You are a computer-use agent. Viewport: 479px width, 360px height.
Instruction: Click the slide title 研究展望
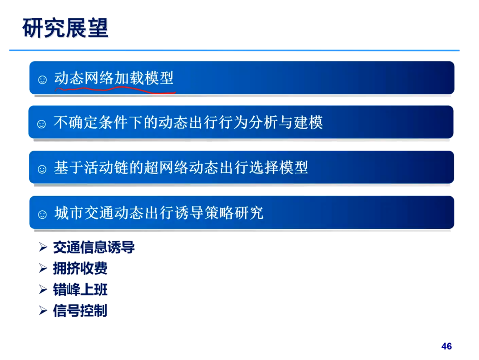(65, 28)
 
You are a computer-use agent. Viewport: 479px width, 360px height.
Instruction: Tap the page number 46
(446, 346)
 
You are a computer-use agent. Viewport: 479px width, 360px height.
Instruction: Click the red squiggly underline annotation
(115, 90)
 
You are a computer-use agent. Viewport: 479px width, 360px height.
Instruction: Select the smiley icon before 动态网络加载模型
(42, 80)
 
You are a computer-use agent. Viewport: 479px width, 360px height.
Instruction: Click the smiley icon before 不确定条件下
(42, 124)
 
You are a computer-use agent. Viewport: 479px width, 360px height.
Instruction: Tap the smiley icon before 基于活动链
(42, 169)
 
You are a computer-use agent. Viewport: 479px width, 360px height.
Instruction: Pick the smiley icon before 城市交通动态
(42, 214)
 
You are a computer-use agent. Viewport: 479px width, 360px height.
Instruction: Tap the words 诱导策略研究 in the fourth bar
(219, 213)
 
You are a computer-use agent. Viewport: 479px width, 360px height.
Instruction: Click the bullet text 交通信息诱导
(94, 247)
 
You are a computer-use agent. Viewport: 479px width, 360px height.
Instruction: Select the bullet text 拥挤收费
(80, 268)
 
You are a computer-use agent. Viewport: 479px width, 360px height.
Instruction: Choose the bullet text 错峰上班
(80, 290)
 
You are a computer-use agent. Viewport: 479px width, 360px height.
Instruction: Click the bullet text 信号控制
(80, 311)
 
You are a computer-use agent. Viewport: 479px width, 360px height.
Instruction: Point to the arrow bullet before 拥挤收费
(43, 268)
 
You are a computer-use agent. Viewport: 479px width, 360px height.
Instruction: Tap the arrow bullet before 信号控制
(43, 311)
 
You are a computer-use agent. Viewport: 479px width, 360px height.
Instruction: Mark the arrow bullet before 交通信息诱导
(43, 247)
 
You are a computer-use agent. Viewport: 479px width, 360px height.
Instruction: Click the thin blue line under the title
(234, 50)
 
